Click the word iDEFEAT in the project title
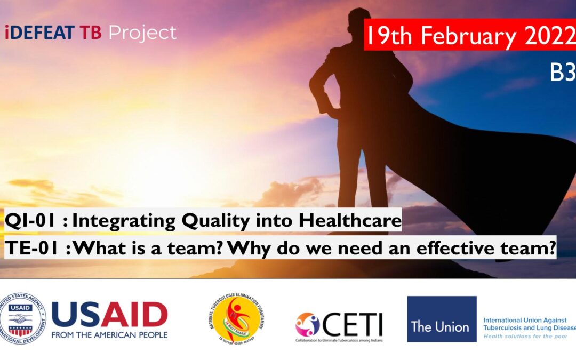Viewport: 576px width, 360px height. point(39,33)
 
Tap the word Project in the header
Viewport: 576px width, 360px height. point(142,33)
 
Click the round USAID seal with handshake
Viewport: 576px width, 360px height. point(23,318)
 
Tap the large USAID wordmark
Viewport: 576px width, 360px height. point(109,315)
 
